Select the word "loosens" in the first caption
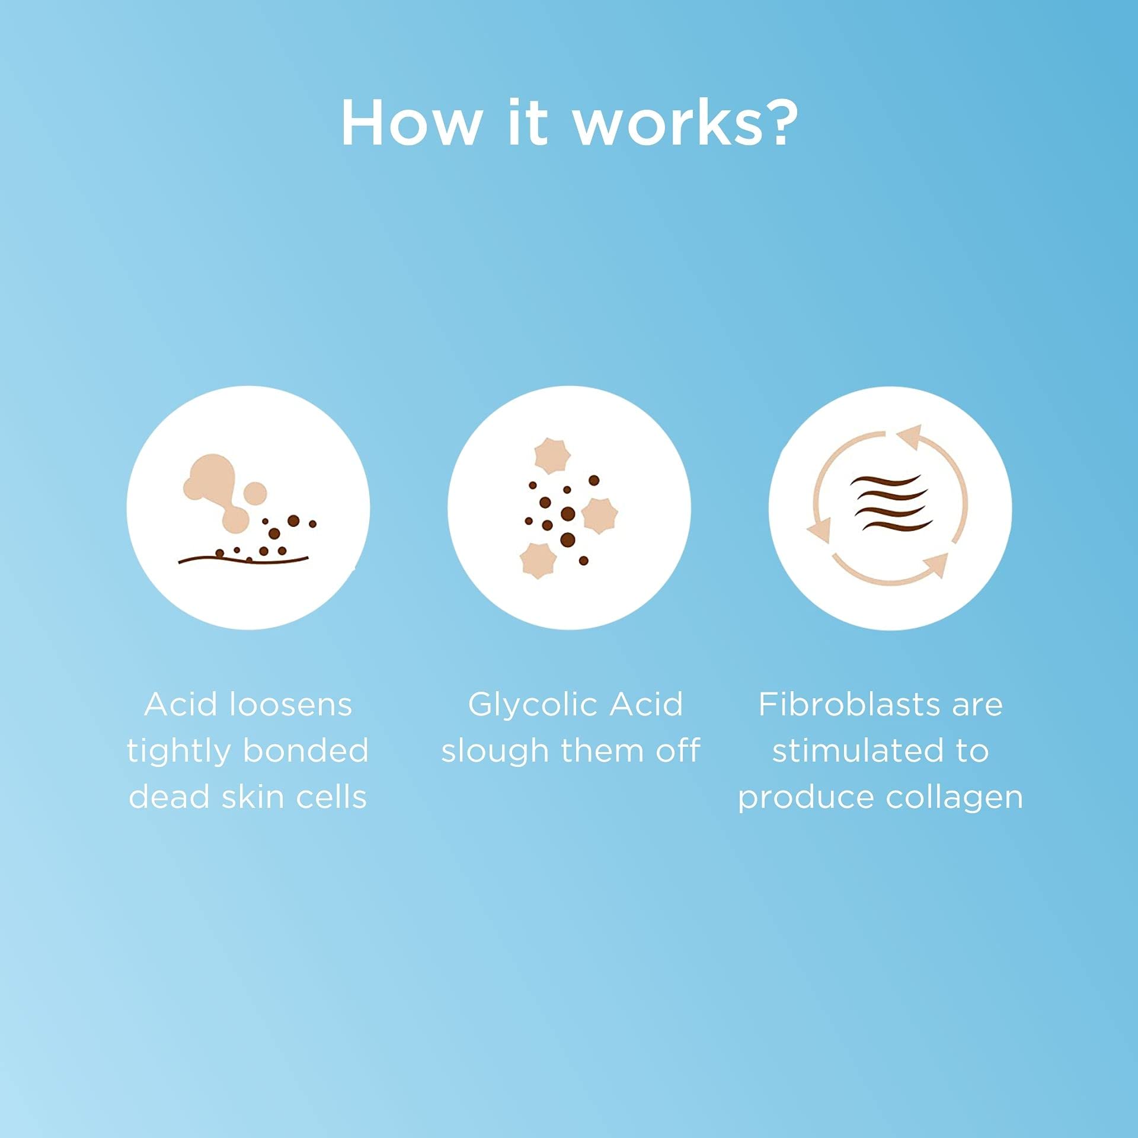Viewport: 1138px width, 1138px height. (x=290, y=705)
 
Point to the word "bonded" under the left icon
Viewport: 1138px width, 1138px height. (x=306, y=751)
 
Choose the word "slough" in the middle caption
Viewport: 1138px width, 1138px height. (x=496, y=752)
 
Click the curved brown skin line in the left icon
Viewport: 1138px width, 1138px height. (x=244, y=558)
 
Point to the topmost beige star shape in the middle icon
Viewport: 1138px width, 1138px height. (x=552, y=456)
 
